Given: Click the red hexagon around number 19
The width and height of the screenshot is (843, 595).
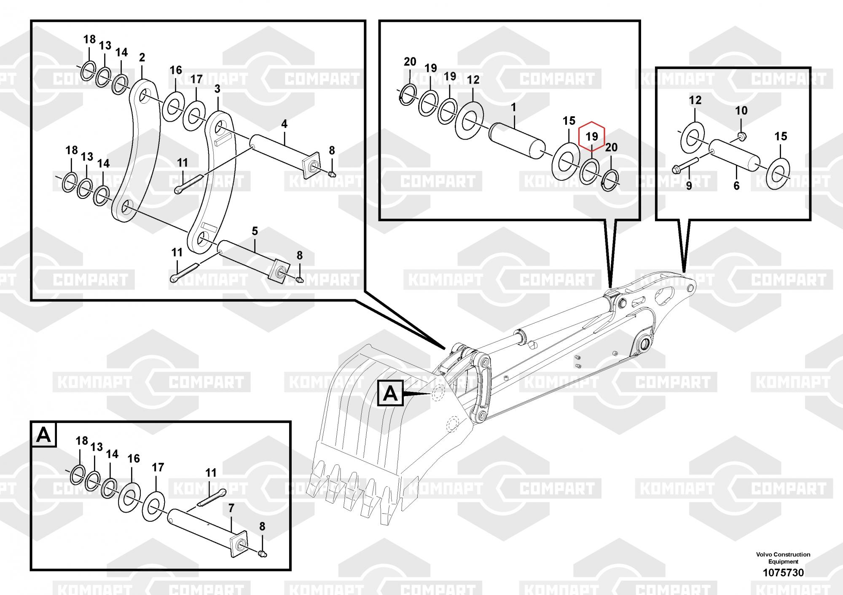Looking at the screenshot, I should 592,136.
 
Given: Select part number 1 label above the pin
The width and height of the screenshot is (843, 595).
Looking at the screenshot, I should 513,107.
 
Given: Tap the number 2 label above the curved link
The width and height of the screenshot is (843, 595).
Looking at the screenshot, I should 142,57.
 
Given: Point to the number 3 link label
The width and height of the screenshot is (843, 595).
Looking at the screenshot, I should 217,89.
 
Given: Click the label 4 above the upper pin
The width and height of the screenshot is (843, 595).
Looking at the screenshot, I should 285,124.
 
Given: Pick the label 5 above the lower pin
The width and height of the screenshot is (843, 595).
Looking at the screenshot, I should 255,231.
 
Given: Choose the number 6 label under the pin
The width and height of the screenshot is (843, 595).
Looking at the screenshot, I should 736,185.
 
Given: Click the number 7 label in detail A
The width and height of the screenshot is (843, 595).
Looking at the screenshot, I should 231,509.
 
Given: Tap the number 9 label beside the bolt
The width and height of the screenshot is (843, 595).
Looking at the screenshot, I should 689,185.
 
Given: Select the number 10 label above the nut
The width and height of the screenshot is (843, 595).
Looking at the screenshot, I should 741,111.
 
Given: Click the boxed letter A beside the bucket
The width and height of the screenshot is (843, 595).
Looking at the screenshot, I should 390,394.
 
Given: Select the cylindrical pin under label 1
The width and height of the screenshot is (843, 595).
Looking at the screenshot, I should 516,140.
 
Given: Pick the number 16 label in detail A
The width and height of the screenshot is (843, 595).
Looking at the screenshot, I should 134,458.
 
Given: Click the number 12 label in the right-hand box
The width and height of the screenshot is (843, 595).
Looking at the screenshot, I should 695,100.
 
